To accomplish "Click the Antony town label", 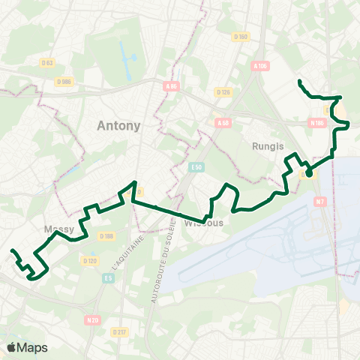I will tap(118, 126).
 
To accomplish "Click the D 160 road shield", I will tap(240, 36).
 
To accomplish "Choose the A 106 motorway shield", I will tap(260, 66).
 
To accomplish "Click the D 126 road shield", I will tap(223, 92).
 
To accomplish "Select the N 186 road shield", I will tap(316, 122).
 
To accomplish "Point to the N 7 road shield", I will tap(320, 201).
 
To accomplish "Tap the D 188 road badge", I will tap(106, 236).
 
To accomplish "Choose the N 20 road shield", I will tap(92, 320).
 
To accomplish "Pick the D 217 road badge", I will tap(119, 332).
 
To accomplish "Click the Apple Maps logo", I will tap(27, 347).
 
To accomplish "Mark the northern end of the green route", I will tap(299, 81).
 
